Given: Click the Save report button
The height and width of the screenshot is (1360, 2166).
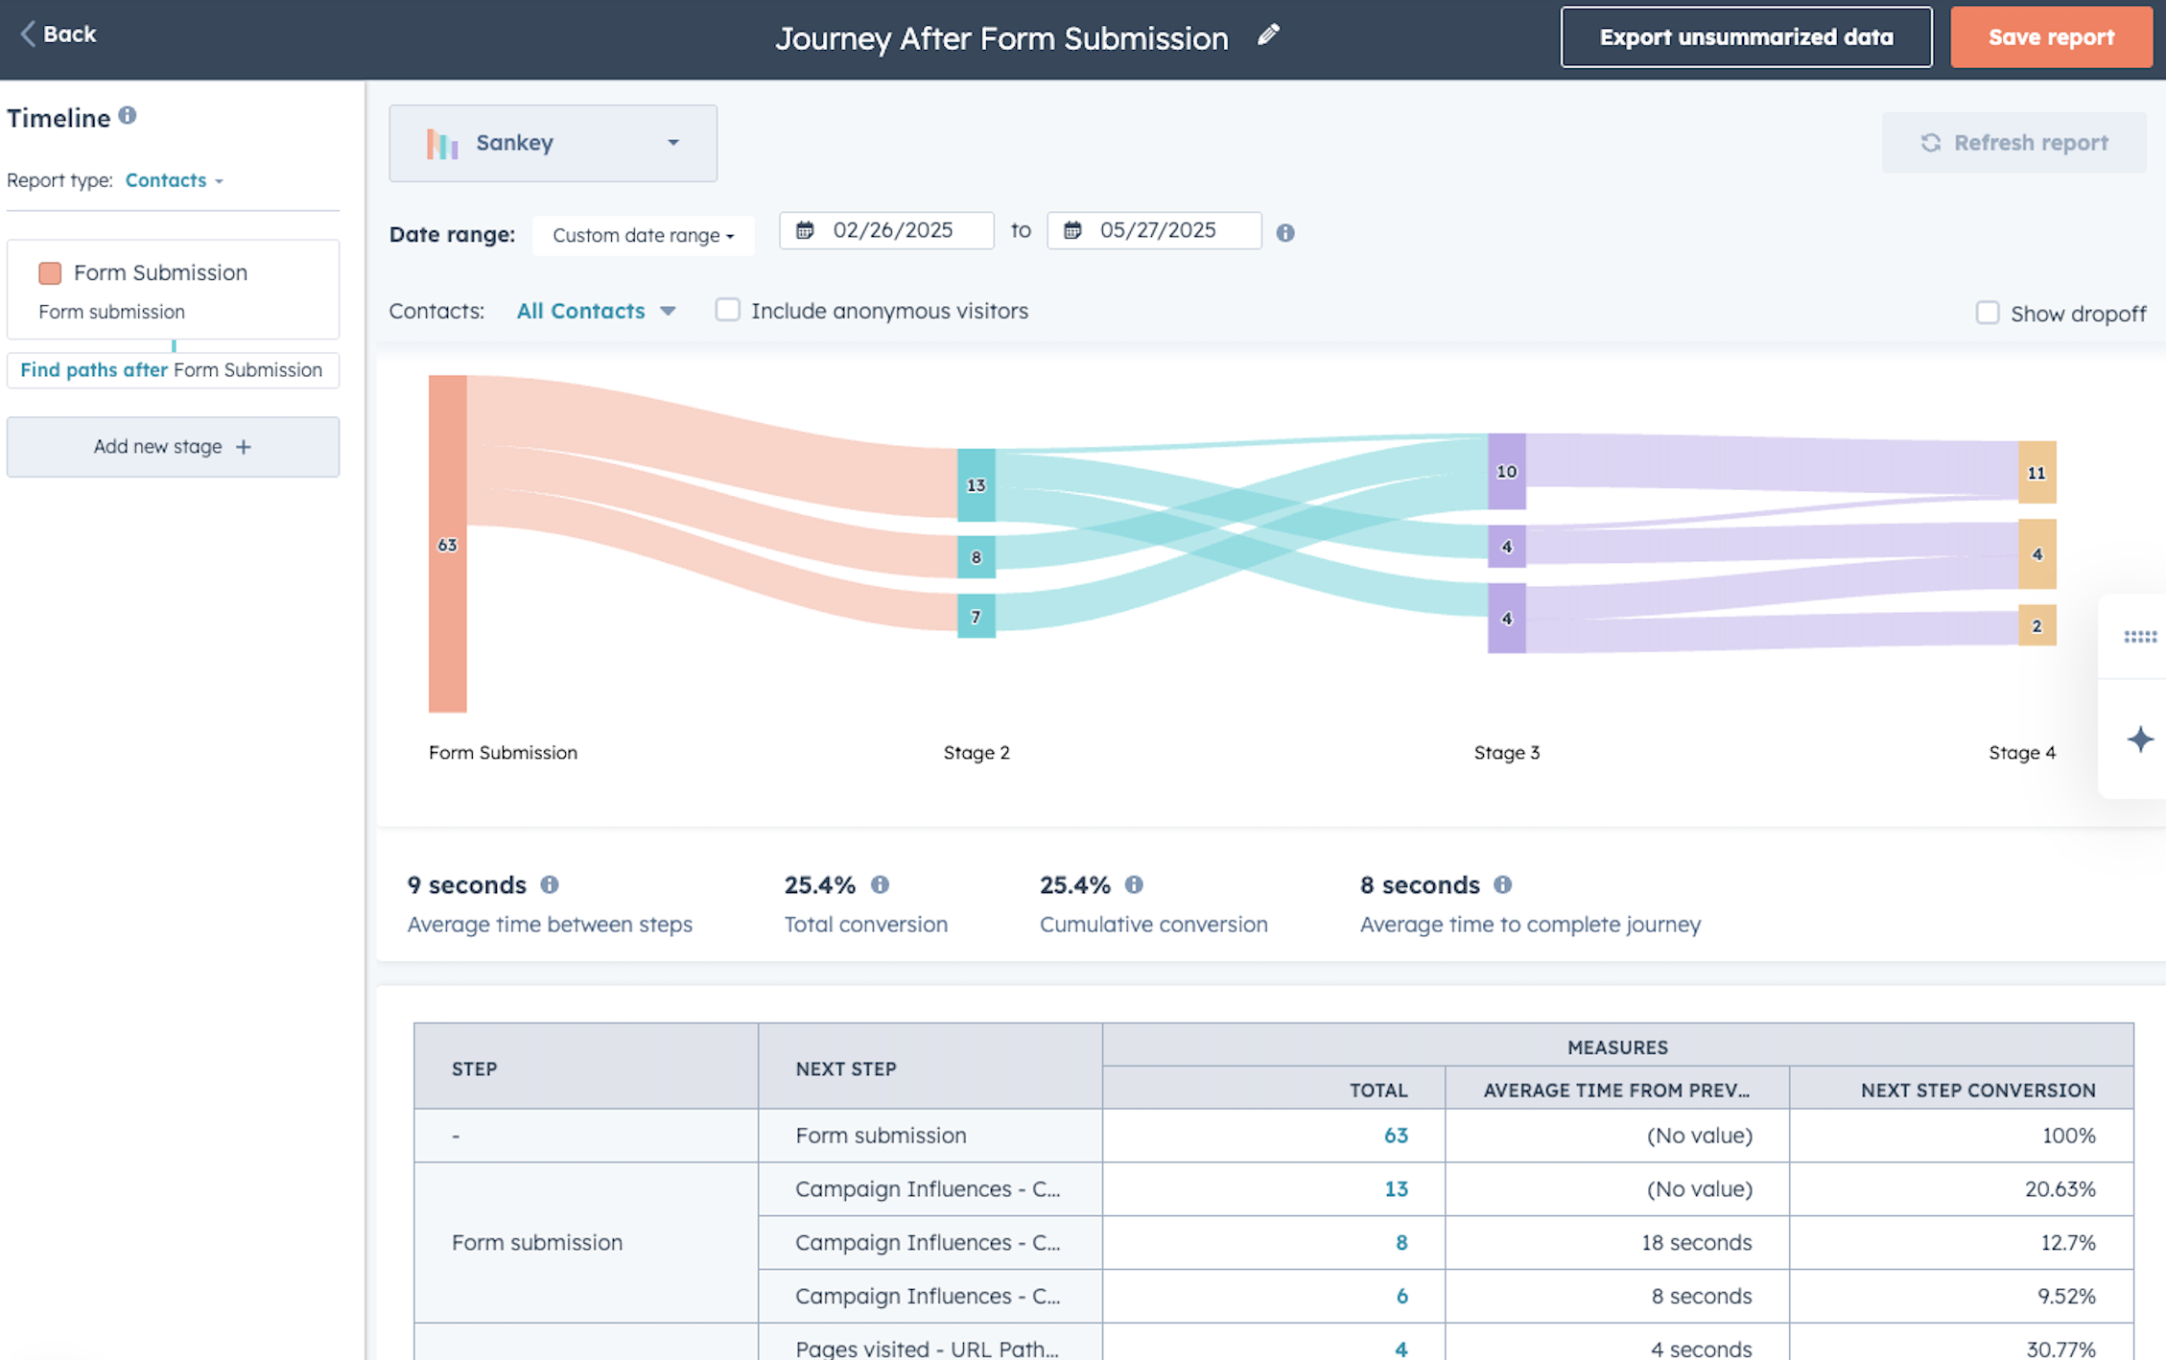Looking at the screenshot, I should [x=2051, y=37].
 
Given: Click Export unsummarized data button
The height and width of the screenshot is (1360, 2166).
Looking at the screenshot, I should [x=1746, y=37].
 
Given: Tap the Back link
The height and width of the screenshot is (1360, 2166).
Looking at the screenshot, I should [x=59, y=35].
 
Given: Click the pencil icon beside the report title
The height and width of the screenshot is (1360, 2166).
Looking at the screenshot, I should [x=1268, y=35].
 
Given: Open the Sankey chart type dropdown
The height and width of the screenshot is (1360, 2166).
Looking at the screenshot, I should [x=553, y=143].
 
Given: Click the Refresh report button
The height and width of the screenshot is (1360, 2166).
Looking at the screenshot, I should [x=2013, y=143].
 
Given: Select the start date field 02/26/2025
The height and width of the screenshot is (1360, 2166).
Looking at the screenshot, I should [x=886, y=231].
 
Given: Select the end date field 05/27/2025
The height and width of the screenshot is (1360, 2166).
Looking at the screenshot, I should [x=1154, y=231].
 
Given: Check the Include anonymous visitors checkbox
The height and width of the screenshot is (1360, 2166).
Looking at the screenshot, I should [x=727, y=310].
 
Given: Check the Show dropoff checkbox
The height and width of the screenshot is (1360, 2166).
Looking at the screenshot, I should [x=1987, y=313].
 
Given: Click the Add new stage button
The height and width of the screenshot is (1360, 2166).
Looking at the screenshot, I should [x=173, y=447].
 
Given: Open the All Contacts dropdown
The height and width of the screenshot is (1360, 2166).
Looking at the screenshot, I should [x=596, y=311].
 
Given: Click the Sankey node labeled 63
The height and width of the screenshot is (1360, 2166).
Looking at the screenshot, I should [x=447, y=544].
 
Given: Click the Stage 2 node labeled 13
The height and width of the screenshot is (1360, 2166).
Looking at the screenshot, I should [x=976, y=485].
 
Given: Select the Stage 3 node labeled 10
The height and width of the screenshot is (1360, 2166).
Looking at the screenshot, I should [x=1506, y=471].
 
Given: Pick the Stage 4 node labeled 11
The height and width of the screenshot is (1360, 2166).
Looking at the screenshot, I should [x=2037, y=472].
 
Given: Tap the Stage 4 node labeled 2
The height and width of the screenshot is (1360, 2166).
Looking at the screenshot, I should [x=2037, y=625].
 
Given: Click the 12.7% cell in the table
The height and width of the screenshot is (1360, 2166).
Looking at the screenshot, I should [x=2067, y=1243].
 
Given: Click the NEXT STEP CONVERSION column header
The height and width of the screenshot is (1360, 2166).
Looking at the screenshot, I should [x=1977, y=1090].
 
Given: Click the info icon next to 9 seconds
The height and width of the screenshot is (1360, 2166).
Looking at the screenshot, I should [x=550, y=884].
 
